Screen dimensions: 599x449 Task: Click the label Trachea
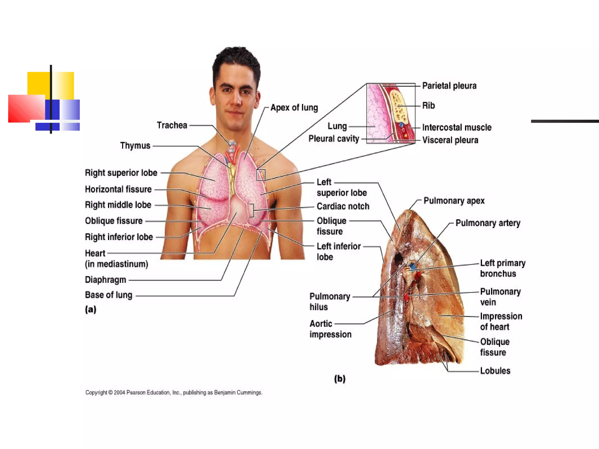pos(172,125)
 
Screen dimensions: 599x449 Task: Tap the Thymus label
pos(135,146)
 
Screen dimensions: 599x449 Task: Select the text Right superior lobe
pos(121,173)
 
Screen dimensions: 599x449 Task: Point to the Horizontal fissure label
pos(118,189)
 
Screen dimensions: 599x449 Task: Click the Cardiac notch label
pos(343,206)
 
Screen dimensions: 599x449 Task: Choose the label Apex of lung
pos(294,108)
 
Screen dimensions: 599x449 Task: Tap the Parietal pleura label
pos(449,86)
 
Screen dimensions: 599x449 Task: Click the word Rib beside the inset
pos(428,106)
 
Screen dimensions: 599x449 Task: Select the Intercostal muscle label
pos(457,127)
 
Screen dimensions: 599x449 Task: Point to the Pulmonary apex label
pos(454,201)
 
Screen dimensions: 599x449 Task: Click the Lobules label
pos(495,371)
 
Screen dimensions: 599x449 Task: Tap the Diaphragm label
pos(105,280)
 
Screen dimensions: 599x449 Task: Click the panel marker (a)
pos(91,309)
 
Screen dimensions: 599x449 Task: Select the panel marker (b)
pos(340,379)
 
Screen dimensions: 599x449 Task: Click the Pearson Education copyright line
pos(174,393)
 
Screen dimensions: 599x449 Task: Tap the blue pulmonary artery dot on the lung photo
pos(412,267)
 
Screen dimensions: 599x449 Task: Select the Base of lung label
pos(109,295)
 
